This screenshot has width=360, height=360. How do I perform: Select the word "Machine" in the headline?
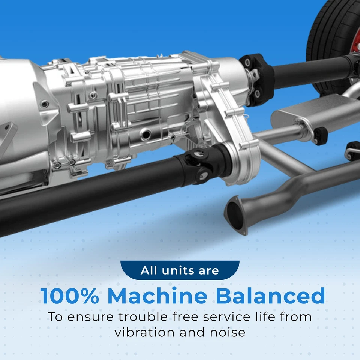(157, 296)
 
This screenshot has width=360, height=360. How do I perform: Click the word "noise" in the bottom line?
(227, 332)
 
